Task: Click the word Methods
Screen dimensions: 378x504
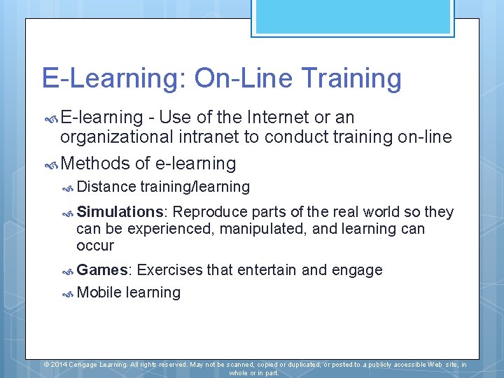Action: click(96, 164)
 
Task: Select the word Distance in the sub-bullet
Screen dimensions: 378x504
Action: click(106, 187)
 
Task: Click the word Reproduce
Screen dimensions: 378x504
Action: click(209, 212)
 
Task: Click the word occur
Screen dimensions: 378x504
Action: click(95, 246)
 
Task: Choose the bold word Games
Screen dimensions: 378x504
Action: click(105, 270)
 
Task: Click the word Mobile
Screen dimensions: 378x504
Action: click(99, 293)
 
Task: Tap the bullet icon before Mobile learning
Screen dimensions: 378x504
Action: click(68, 293)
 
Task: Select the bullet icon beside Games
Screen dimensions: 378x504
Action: click(68, 271)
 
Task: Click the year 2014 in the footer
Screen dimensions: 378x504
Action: click(59, 365)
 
